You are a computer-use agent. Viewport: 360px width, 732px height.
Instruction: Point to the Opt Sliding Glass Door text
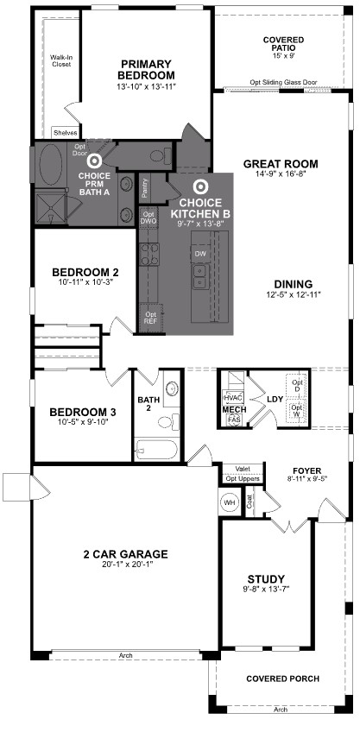pos(283,83)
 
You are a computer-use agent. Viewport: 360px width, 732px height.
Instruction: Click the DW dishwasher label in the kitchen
pos(199,254)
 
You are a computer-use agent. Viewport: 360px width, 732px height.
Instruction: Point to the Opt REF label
pos(151,317)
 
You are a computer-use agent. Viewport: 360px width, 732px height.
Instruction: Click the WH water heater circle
pos(230,502)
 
